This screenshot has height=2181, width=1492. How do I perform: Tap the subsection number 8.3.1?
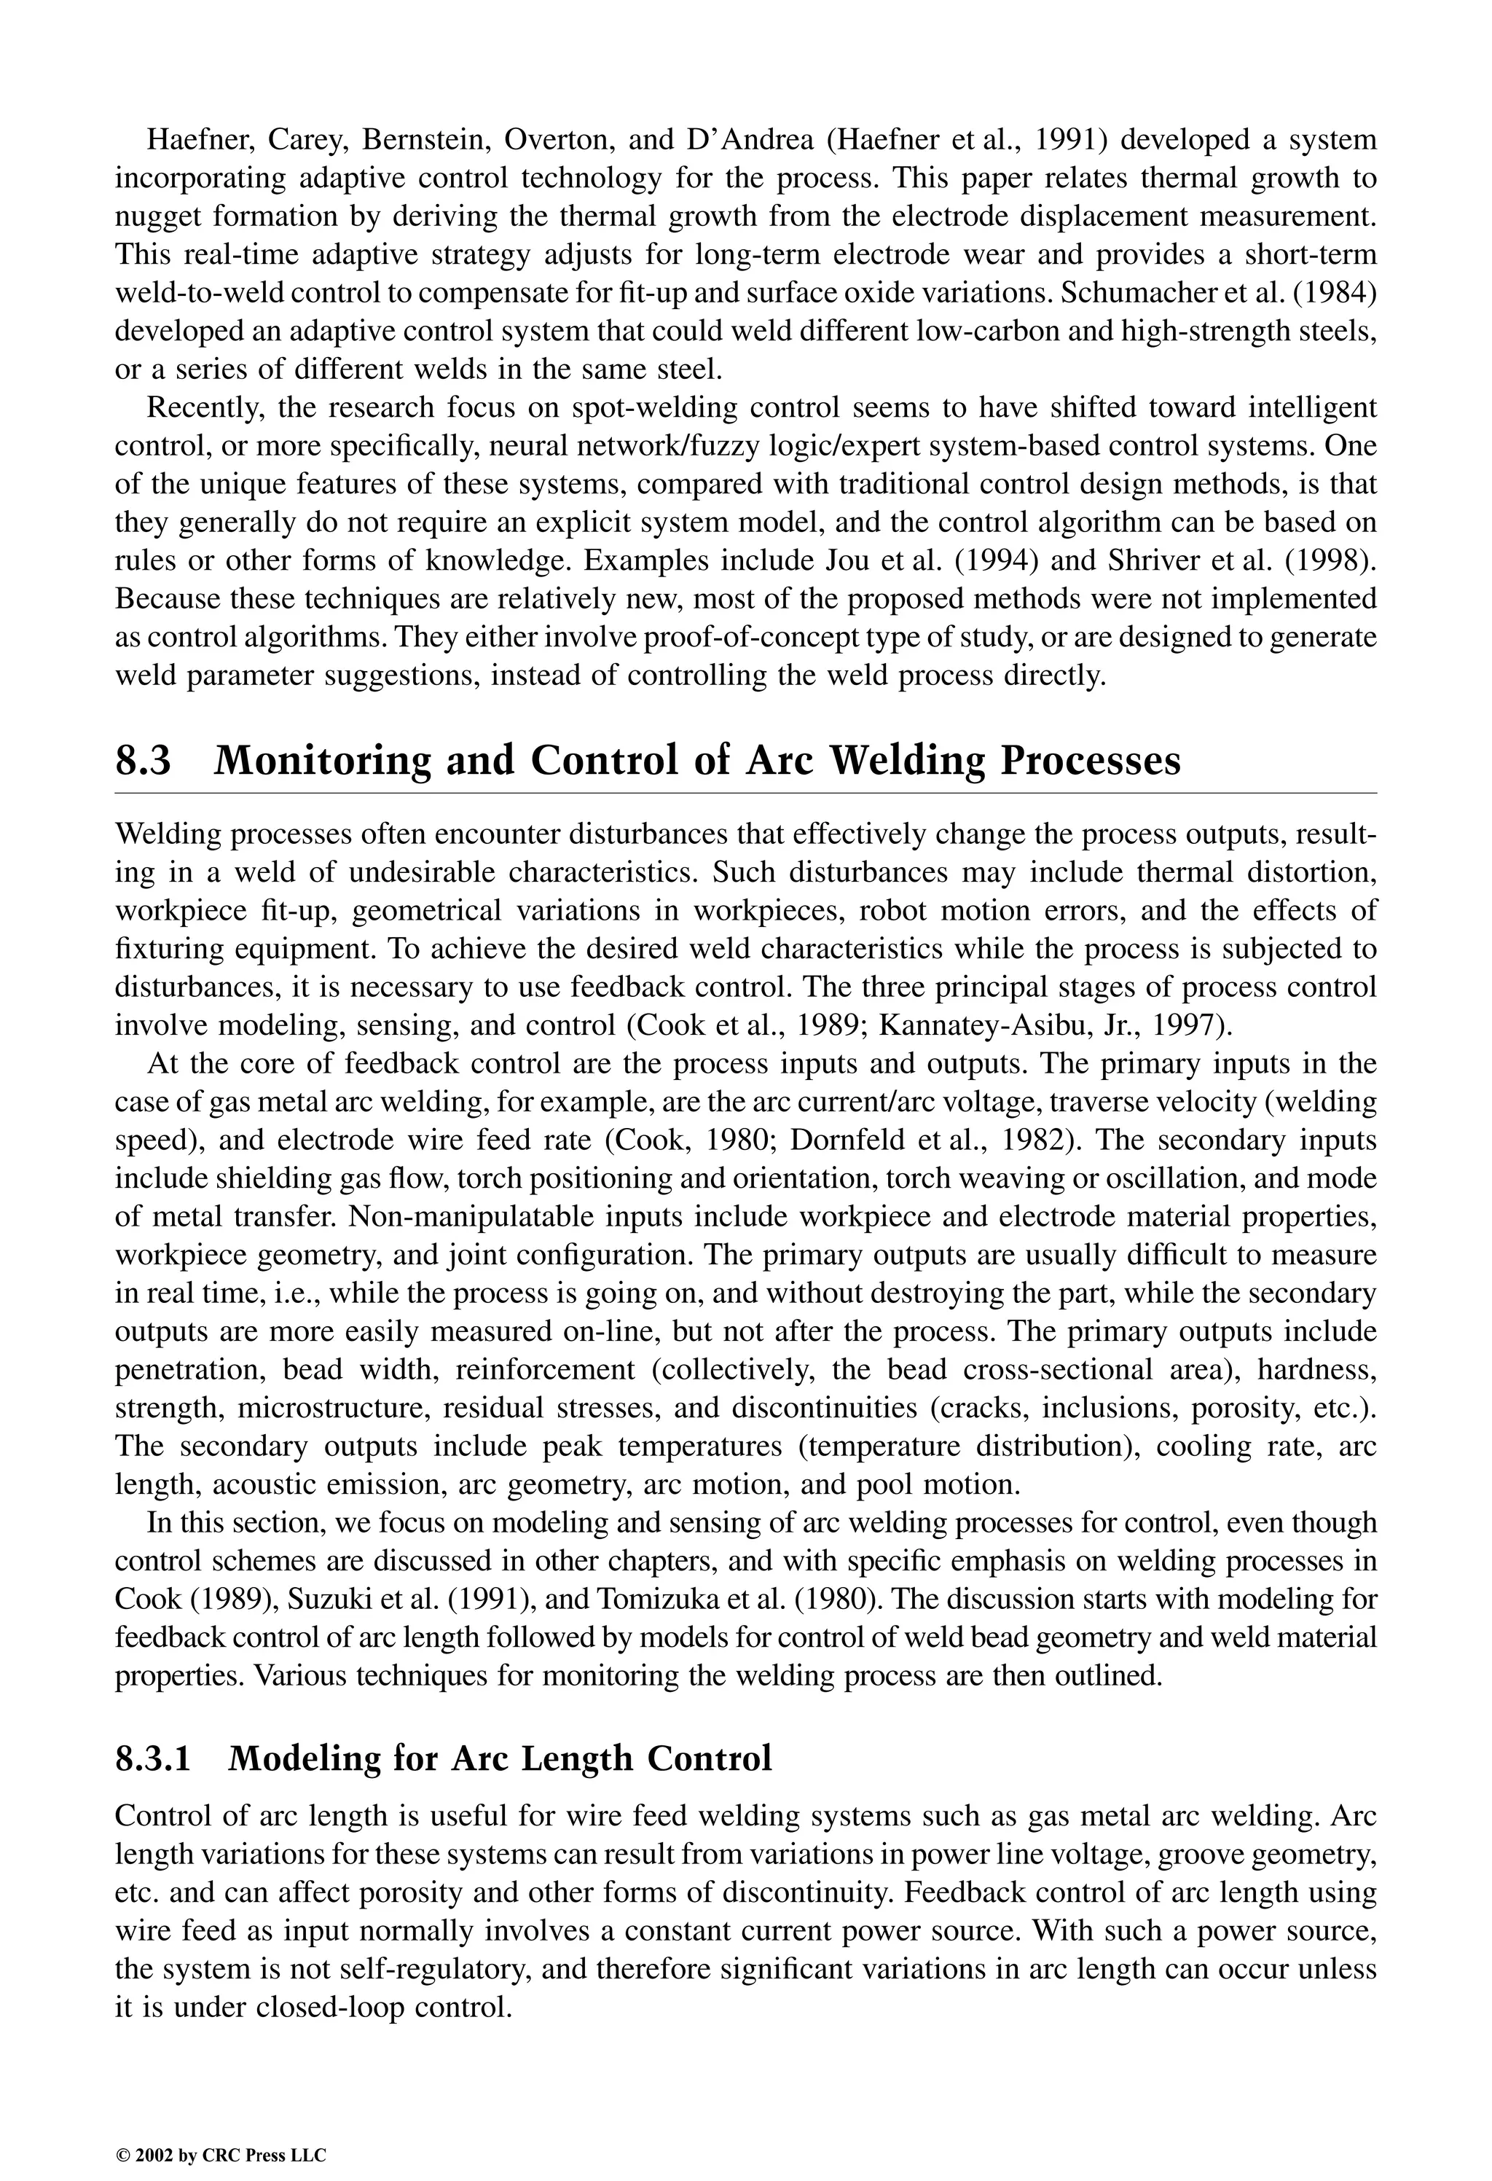tap(152, 1758)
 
